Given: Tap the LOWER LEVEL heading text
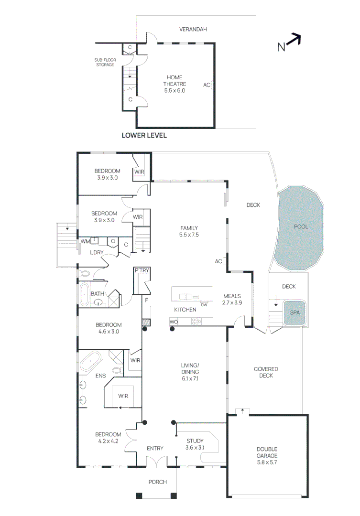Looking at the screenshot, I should click(144, 136).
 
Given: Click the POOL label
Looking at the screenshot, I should click(301, 226).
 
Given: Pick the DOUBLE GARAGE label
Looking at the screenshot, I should click(266, 452).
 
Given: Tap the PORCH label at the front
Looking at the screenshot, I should click(157, 482).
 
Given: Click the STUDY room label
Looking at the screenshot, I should click(195, 444).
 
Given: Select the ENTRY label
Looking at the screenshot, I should click(155, 449).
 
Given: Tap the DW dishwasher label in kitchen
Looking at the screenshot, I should click(204, 305).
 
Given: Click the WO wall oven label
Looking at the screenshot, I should click(174, 322).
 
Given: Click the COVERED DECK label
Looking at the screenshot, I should click(266, 372).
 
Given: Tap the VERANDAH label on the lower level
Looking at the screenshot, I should click(193, 30).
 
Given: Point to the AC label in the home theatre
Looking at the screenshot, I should click(207, 85).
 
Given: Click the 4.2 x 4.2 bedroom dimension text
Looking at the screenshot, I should click(108, 441).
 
